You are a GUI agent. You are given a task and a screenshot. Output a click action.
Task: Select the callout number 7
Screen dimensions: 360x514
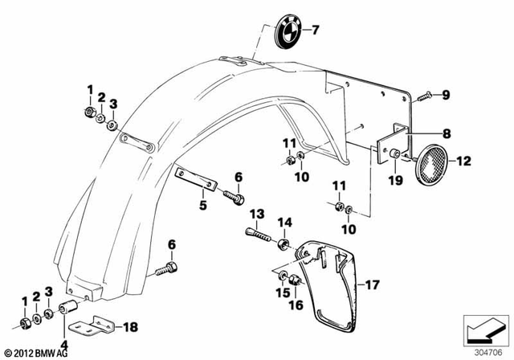pyautogui.click(x=316, y=31)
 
